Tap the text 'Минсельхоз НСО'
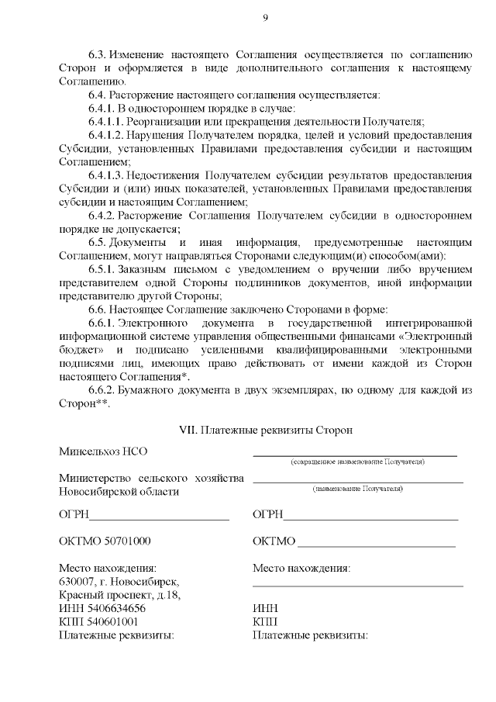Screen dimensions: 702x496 pos(102,451)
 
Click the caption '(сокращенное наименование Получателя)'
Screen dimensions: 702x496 pos(357,462)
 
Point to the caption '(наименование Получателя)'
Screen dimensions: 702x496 pos(357,489)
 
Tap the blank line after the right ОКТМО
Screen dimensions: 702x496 pos(377,541)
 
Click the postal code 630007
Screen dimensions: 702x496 pos(77,581)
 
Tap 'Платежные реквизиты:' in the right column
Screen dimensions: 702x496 pos(310,635)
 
